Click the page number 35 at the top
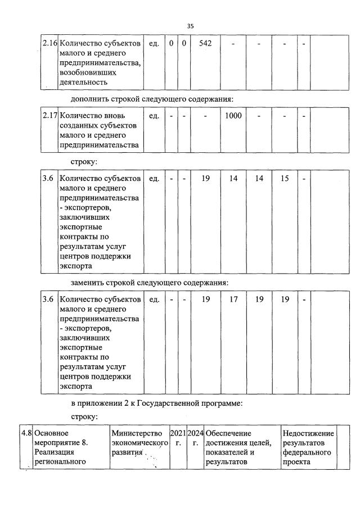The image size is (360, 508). point(190,26)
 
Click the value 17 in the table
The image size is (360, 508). point(233,300)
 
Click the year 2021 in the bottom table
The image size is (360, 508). point(178,433)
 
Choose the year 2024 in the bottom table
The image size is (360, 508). point(195,433)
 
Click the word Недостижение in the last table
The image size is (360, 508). point(308,433)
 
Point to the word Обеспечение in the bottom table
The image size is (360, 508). point(228,433)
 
